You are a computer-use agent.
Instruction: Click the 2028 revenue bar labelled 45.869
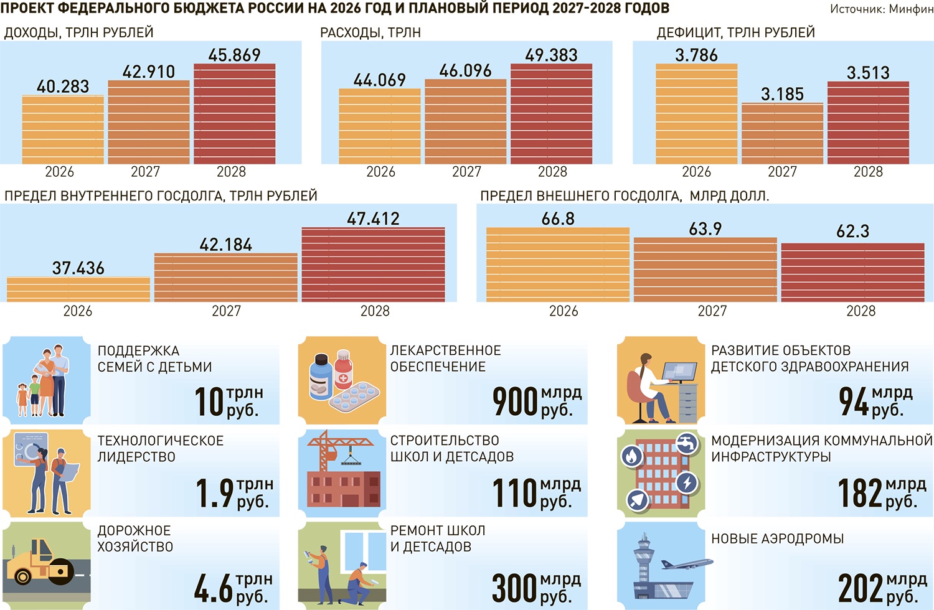(234, 114)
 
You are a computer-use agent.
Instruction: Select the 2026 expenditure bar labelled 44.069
(380, 126)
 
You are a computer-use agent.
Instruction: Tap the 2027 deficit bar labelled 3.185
(782, 134)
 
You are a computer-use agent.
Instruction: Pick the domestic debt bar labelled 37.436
(78, 289)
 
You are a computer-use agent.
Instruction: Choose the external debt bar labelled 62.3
(852, 273)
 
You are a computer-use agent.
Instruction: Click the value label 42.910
(149, 72)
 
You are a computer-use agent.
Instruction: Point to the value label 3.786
(696, 55)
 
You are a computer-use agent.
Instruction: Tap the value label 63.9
(705, 229)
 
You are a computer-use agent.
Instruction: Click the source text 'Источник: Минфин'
(881, 9)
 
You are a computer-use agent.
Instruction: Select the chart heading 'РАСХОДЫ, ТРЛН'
(370, 32)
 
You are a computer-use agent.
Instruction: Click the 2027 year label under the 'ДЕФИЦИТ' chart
(782, 172)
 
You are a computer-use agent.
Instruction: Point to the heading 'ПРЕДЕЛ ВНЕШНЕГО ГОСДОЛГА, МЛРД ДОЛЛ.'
(625, 196)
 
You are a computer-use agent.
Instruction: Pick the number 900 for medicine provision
(515, 401)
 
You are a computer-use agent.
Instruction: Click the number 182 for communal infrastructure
(860, 493)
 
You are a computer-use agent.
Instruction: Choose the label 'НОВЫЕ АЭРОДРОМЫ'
(778, 538)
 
